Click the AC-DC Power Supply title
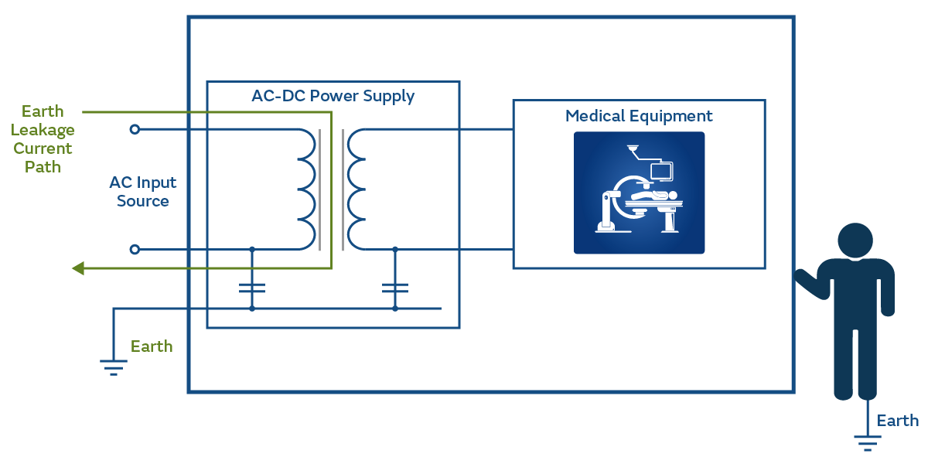[333, 97]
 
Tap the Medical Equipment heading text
[639, 117]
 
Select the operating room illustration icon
[639, 193]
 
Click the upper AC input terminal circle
[135, 130]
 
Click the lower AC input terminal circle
[135, 249]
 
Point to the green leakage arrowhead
[78, 268]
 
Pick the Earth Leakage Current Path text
[43, 139]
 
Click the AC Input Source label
[143, 192]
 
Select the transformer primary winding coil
[305, 190]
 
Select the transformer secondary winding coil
[356, 190]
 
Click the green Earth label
[152, 346]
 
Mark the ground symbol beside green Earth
[114, 366]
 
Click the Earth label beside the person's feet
[897, 421]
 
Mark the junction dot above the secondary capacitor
[395, 249]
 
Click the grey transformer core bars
[331, 190]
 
